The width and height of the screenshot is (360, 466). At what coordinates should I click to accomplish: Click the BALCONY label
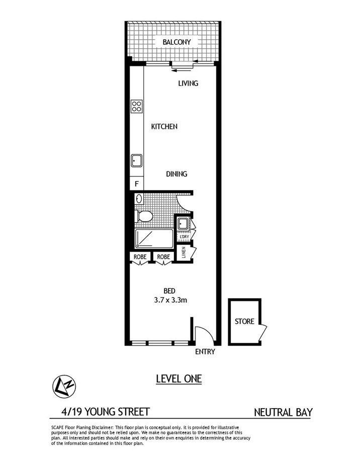pyautogui.click(x=176, y=42)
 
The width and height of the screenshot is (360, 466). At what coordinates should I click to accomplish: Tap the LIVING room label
pyautogui.click(x=188, y=83)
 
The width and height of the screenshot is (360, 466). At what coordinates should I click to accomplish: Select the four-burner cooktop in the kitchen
pyautogui.click(x=137, y=106)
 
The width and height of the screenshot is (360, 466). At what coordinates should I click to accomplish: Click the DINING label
pyautogui.click(x=176, y=174)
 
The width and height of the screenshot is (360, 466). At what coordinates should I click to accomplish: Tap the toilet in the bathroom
pyautogui.click(x=145, y=217)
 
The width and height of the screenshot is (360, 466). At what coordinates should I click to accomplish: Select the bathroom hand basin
pyautogui.click(x=139, y=200)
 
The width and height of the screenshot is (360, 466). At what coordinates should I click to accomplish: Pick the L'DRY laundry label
pyautogui.click(x=184, y=236)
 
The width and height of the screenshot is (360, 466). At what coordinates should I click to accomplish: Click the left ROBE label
pyautogui.click(x=140, y=257)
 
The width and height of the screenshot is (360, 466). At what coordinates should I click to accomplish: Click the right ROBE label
pyautogui.click(x=163, y=257)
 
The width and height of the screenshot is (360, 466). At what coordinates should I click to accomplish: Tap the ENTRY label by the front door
pyautogui.click(x=205, y=352)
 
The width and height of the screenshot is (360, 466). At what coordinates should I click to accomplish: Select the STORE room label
pyautogui.click(x=244, y=322)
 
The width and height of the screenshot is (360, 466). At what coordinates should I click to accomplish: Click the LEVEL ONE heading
pyautogui.click(x=178, y=379)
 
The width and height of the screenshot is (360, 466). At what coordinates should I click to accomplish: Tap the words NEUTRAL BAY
pyautogui.click(x=283, y=413)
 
